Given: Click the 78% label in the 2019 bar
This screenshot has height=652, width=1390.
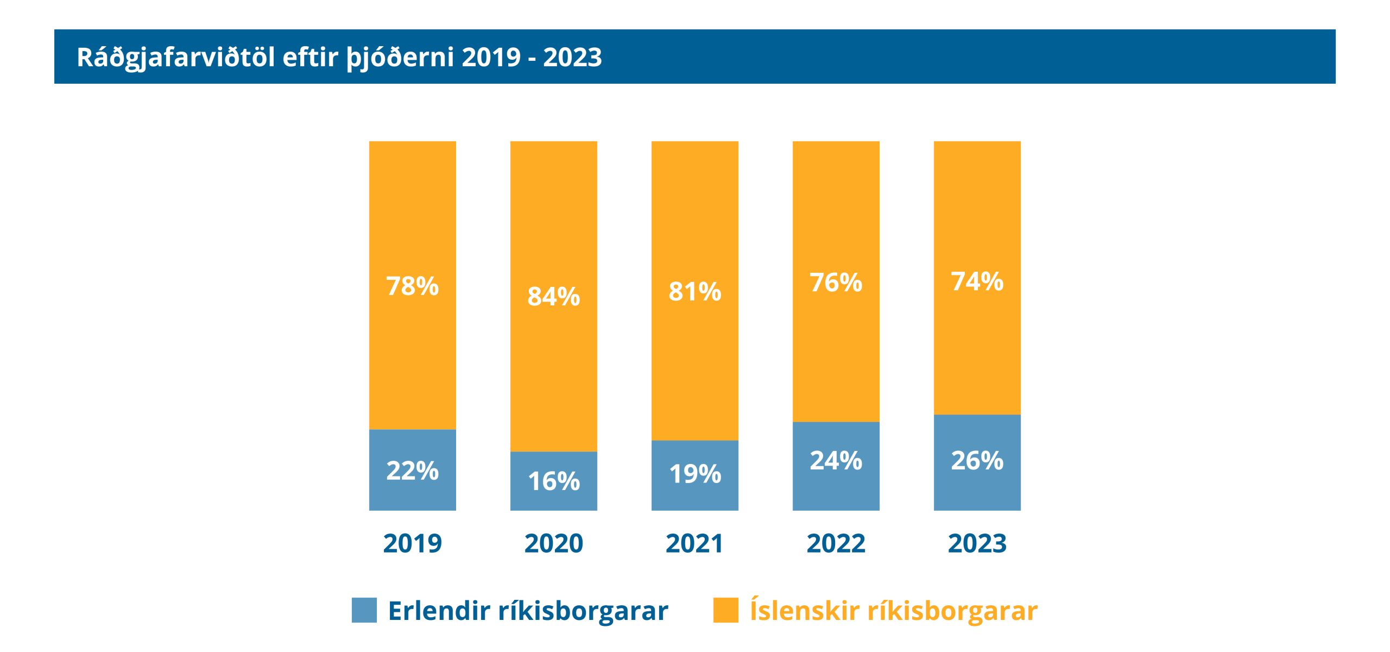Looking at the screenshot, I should point(412,286).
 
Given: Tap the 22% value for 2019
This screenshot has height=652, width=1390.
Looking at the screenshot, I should point(412,471).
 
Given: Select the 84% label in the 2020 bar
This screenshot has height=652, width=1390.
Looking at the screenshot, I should point(553,297).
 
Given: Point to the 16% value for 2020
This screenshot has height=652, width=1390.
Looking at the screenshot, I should point(553,481).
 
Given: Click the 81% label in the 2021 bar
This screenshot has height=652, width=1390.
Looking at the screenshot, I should point(694,291).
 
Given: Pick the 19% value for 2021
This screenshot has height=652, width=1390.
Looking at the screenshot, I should point(694,474).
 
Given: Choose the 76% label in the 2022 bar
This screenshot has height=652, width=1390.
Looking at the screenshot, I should point(836,283).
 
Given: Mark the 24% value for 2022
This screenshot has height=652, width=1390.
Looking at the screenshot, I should point(836,461).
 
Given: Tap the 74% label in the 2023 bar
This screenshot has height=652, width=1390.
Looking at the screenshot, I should point(977,281).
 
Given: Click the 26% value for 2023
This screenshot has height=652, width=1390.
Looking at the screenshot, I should point(977,461).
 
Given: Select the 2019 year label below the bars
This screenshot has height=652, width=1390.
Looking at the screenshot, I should point(412,543).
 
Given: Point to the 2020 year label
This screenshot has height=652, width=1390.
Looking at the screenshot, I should point(553,543).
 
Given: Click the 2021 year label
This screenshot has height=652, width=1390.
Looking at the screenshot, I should point(694,543).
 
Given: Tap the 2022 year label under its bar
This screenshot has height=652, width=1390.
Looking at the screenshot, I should point(836,543).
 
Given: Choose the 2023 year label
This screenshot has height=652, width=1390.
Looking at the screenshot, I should point(977,543).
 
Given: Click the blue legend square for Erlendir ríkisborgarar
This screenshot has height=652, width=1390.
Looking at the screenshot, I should point(364,610).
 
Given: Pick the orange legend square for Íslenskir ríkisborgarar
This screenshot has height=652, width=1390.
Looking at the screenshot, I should point(725,610).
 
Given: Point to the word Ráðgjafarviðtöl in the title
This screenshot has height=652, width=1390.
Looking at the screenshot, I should point(176,58).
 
